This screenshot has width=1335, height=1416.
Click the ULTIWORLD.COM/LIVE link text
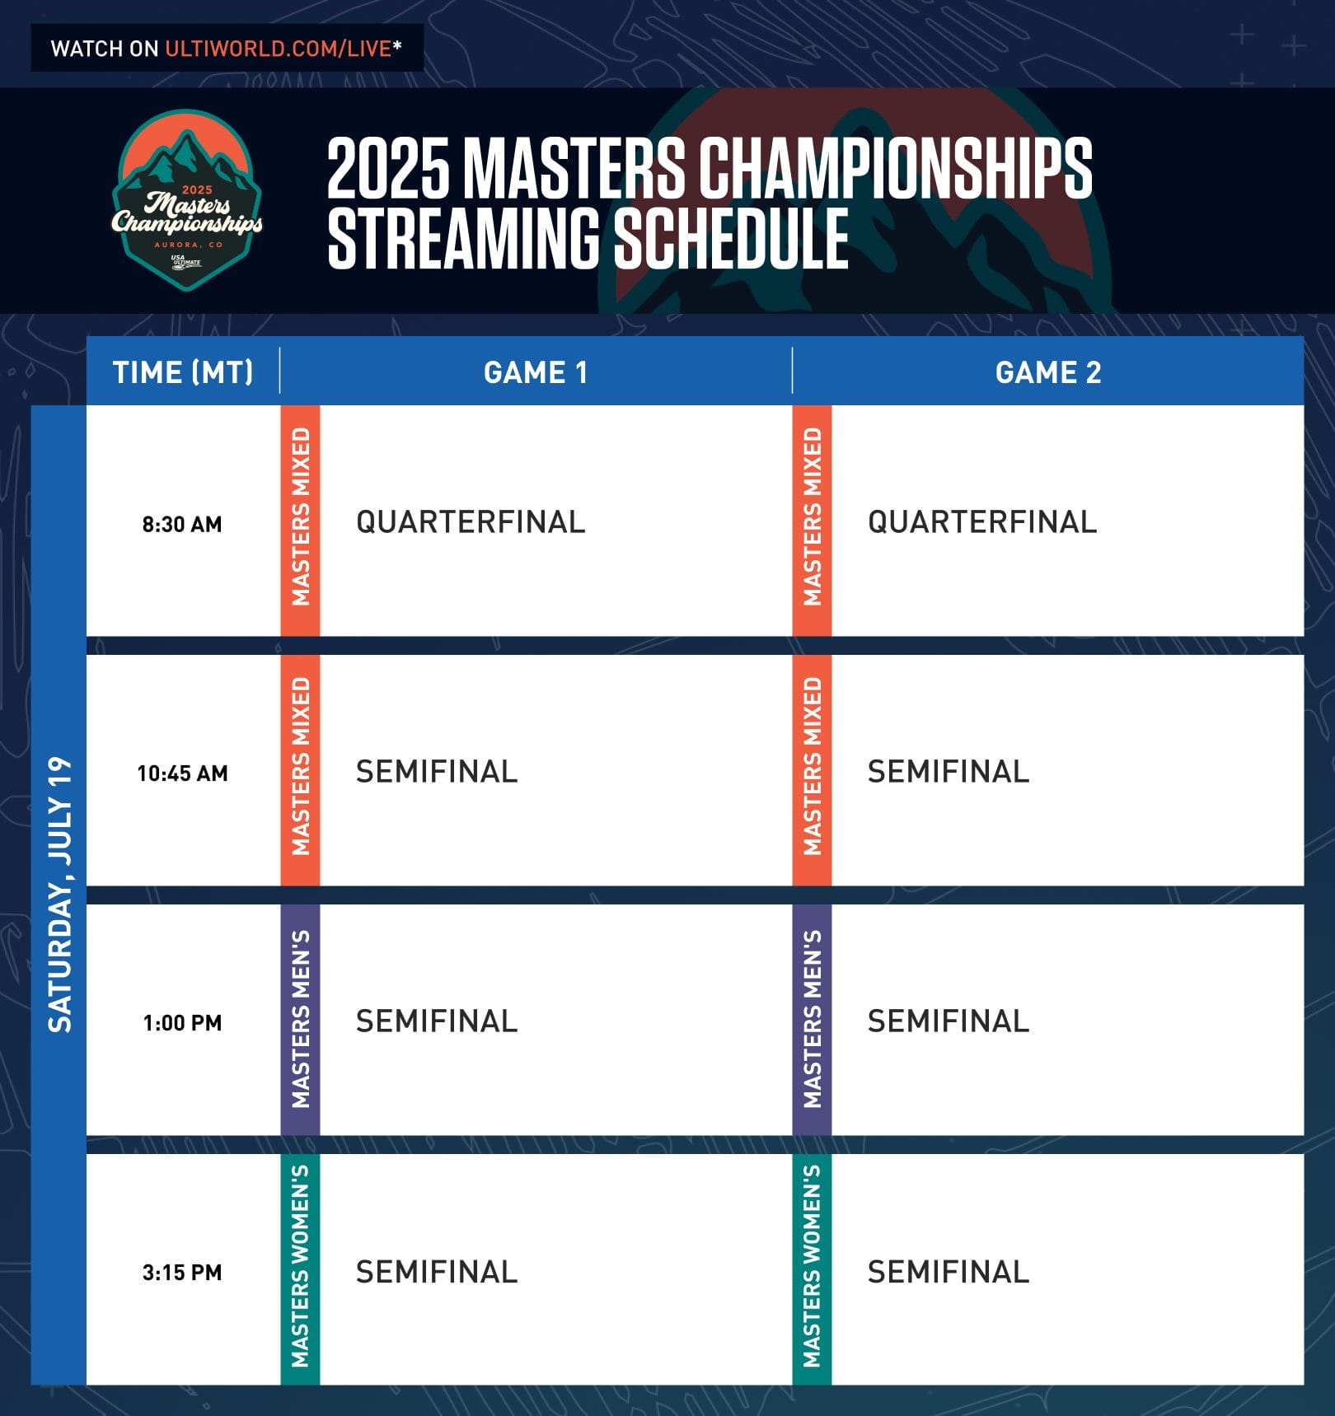tap(278, 49)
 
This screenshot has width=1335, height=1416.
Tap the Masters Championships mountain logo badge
tap(187, 200)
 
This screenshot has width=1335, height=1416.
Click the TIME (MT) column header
tap(183, 372)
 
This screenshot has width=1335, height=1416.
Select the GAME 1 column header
tap(536, 372)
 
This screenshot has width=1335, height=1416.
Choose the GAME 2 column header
tap(1047, 372)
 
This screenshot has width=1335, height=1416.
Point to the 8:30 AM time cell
tap(182, 524)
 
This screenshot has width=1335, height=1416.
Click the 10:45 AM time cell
tap(182, 773)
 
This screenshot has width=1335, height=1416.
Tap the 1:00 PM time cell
tap(182, 1023)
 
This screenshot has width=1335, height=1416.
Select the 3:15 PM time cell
tap(182, 1273)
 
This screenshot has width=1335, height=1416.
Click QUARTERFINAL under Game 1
tap(471, 522)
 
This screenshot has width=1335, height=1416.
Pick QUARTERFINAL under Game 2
tap(982, 522)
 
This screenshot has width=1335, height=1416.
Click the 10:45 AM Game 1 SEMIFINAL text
tap(437, 772)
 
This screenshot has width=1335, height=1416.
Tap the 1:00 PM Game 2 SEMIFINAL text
tap(949, 1021)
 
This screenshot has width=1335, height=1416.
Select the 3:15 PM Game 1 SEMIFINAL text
tap(437, 1272)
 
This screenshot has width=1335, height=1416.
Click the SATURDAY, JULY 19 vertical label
tap(59, 895)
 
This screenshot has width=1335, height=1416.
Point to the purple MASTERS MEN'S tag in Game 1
tap(300, 1020)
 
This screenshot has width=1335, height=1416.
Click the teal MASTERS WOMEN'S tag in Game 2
tap(812, 1269)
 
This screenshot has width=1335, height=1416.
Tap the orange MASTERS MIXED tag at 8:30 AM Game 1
tap(300, 520)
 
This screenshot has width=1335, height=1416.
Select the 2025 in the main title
tap(388, 169)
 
